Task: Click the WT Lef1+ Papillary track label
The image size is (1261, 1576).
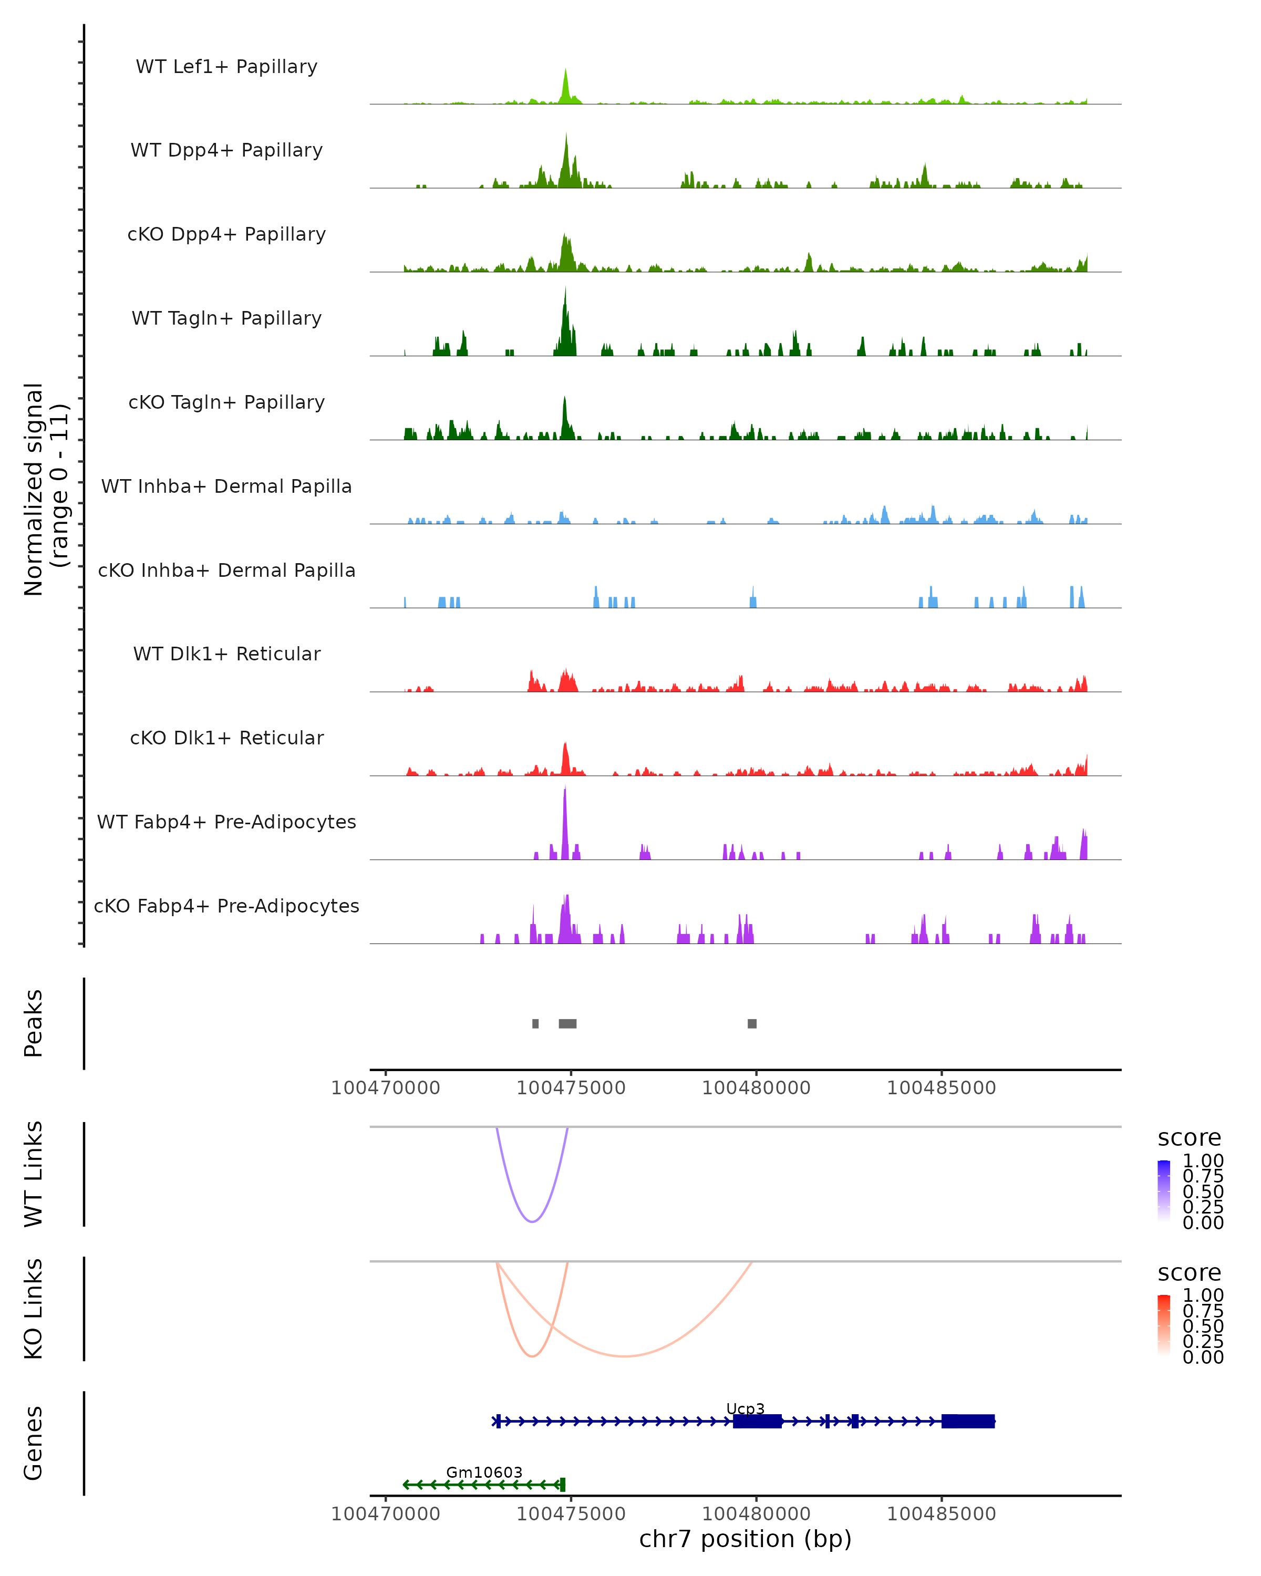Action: click(226, 67)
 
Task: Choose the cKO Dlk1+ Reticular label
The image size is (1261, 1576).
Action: click(226, 738)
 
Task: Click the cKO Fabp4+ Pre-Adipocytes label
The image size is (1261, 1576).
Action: click(226, 906)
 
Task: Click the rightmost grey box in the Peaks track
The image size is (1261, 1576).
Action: click(752, 1023)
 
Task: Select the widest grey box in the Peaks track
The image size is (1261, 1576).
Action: click(567, 1023)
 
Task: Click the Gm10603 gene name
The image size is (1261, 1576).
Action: click(484, 1472)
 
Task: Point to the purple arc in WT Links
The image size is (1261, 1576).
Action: click(532, 1221)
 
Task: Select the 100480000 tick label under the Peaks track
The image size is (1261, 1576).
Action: click(756, 1088)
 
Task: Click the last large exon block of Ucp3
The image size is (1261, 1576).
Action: click(968, 1421)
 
